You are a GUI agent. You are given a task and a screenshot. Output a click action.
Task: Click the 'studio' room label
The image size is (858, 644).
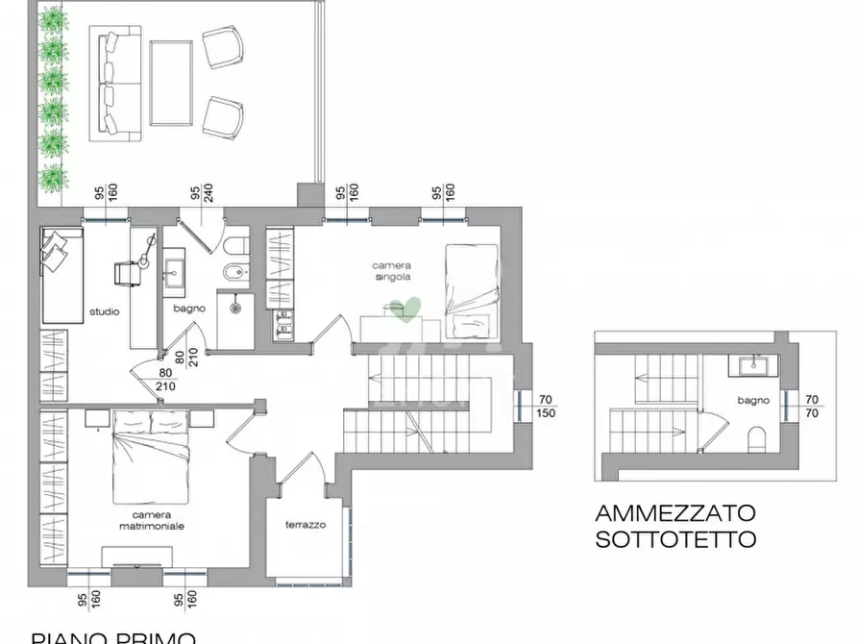(x=104, y=311)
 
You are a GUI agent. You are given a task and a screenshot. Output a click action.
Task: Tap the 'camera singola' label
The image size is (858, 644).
(x=392, y=271)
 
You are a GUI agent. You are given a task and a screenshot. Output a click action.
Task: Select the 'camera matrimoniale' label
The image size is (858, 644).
(x=146, y=520)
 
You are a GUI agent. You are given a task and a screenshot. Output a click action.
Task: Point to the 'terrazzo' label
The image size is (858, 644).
(x=306, y=525)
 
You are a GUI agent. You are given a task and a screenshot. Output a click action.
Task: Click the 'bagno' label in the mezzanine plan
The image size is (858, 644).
(x=752, y=399)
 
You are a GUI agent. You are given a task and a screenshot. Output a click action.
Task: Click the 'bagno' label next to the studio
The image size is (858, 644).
(x=187, y=309)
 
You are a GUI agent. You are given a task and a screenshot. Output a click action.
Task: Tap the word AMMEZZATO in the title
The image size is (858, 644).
(x=675, y=513)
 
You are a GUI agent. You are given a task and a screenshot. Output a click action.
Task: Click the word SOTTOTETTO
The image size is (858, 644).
(x=675, y=538)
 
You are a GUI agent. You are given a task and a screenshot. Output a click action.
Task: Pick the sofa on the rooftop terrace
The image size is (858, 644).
(x=115, y=81)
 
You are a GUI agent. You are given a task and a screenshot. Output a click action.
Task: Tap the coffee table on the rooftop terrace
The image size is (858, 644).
(x=173, y=83)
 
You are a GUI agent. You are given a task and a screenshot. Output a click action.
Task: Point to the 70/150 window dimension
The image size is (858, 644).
(x=545, y=406)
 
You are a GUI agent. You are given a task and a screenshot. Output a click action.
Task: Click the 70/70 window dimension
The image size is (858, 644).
(x=812, y=406)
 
